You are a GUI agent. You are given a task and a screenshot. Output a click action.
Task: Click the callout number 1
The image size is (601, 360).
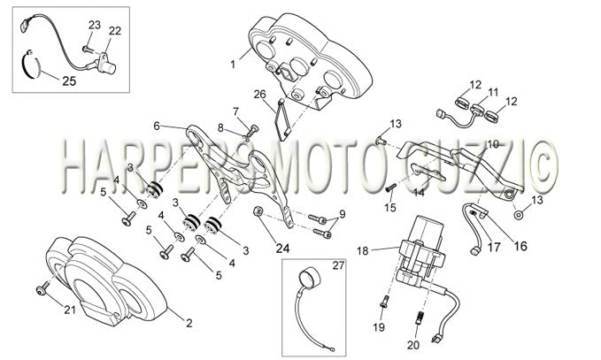(x=233, y=65)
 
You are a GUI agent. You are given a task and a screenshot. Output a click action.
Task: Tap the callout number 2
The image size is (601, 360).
(x=189, y=323)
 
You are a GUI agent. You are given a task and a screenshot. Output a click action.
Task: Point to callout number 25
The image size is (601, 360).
(x=69, y=81)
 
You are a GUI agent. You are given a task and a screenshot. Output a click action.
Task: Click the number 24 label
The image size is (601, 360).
(x=282, y=249)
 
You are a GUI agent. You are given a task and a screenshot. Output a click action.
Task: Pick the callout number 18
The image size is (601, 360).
(x=363, y=251)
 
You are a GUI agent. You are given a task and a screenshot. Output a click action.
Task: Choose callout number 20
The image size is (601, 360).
(x=413, y=345)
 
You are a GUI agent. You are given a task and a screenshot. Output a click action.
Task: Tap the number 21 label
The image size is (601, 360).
(x=70, y=310)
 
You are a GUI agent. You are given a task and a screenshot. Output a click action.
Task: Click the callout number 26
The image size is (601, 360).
(x=259, y=95)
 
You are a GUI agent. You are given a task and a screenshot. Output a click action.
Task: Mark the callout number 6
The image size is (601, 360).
(x=156, y=126)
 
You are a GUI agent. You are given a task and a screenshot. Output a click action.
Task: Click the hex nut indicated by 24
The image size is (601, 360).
(x=258, y=211)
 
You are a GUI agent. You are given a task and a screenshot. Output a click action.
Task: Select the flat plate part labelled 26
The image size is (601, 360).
(x=283, y=120)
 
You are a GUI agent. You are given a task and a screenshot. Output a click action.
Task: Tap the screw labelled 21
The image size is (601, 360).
(x=42, y=288)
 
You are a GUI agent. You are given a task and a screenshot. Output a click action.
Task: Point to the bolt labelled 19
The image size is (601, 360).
(x=384, y=301)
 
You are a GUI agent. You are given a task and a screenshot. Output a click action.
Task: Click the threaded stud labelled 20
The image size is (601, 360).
(x=420, y=318)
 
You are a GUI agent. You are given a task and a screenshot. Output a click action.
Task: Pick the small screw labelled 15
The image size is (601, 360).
(x=390, y=188)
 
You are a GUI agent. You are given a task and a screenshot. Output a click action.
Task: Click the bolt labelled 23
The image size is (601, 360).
(x=86, y=49)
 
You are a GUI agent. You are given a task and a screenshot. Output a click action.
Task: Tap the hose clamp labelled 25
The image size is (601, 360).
(x=31, y=65)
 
